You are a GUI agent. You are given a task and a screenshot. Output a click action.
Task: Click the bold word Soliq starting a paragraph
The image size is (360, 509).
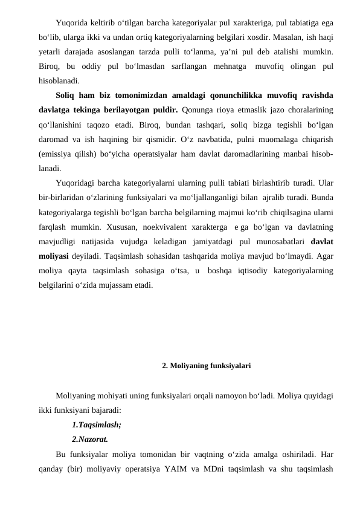66,94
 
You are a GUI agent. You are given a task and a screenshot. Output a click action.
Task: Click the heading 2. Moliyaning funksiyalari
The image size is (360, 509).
206,366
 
